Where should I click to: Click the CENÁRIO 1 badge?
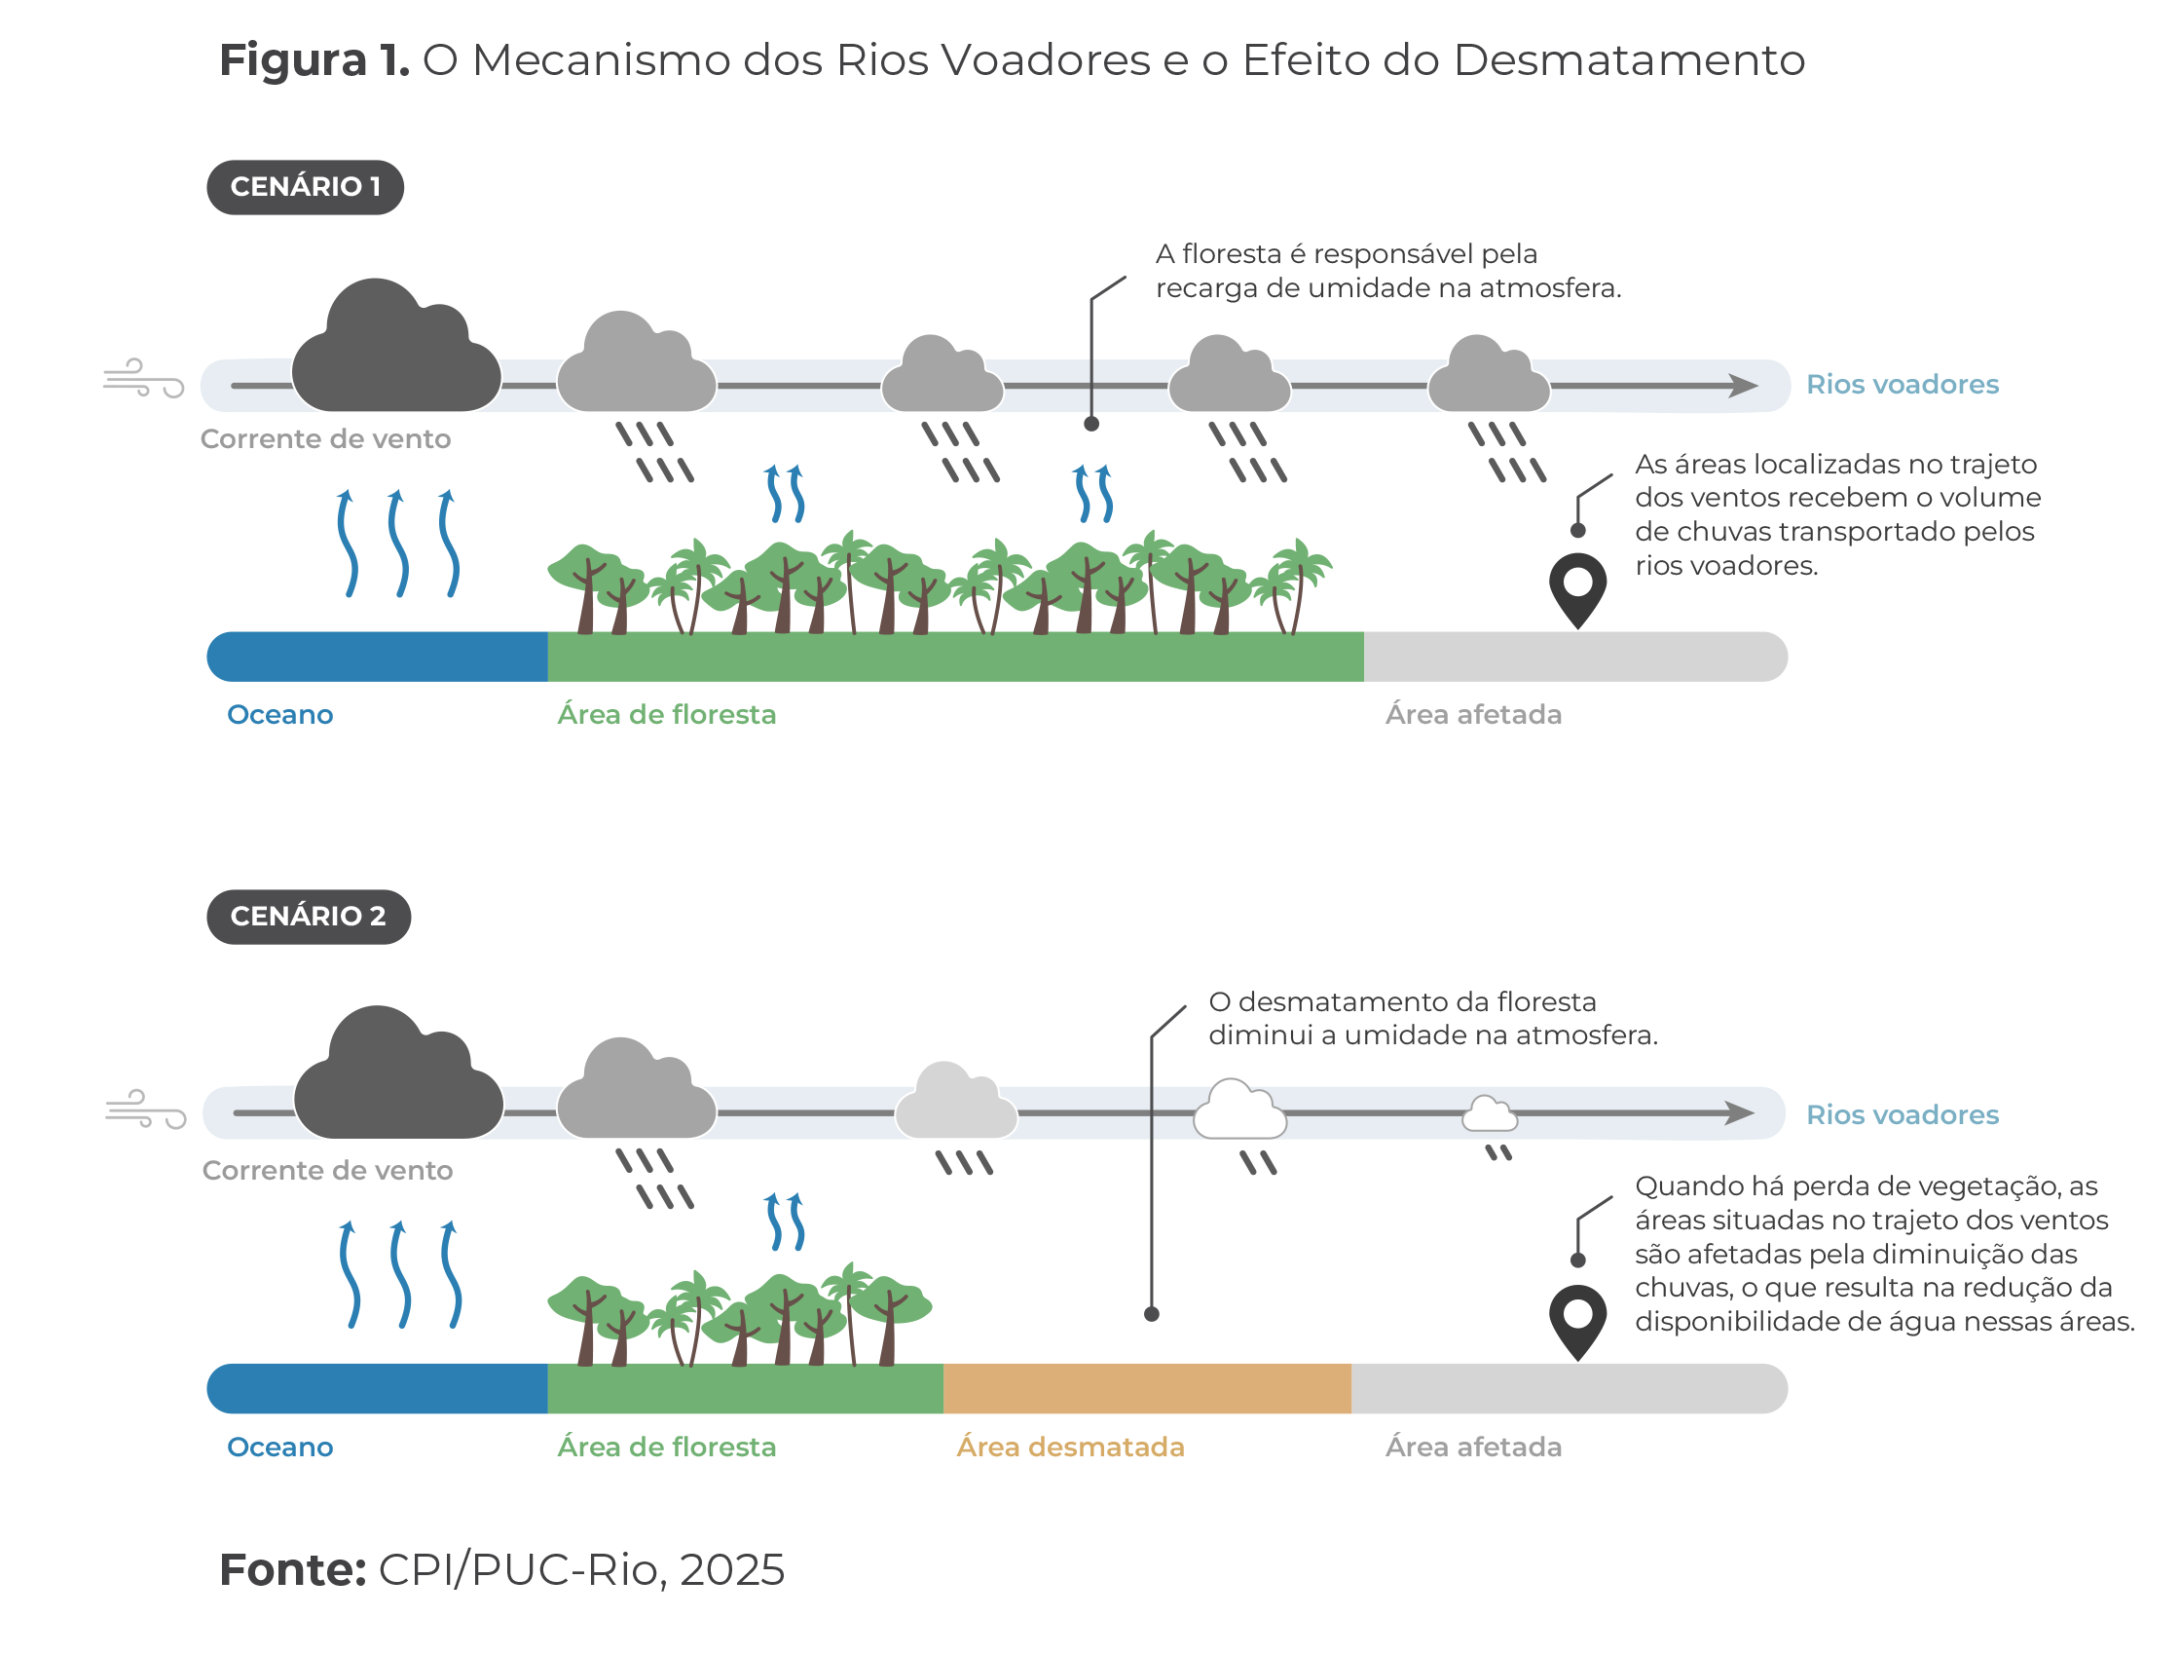[x=305, y=187]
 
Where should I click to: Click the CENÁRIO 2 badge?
[x=308, y=917]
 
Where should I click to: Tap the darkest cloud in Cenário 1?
[x=396, y=353]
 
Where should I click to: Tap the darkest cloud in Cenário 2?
[x=398, y=1080]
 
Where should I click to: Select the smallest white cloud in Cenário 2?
[x=1489, y=1114]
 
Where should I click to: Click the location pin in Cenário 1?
[x=1578, y=588]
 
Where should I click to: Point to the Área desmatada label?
[x=1070, y=1447]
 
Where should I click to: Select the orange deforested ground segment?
[x=1146, y=1389]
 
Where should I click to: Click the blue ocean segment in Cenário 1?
[x=378, y=658]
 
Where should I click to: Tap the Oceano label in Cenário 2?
[x=279, y=1447]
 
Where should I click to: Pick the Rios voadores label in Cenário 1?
[x=1903, y=385]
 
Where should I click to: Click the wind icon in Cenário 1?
[x=144, y=379]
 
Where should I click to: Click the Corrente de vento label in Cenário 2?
[x=327, y=1171]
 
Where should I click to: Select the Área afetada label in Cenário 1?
[x=1473, y=715]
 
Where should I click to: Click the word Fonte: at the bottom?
[x=293, y=1570]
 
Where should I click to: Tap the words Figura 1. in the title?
[x=314, y=61]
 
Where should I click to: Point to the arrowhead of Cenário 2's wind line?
[x=1742, y=1113]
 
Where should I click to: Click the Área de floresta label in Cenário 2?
[x=666, y=1447]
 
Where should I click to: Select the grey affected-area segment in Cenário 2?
[x=1568, y=1389]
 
